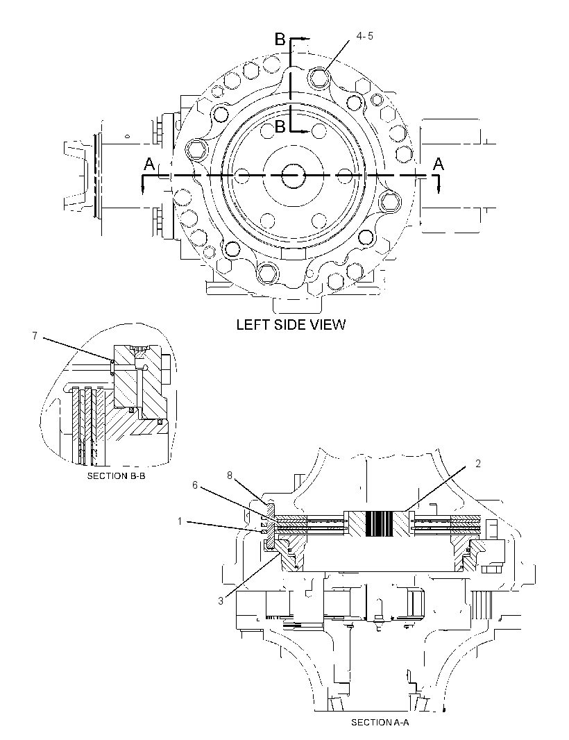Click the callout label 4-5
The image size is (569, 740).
click(364, 36)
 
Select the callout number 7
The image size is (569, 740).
click(35, 335)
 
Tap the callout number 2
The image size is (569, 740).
click(478, 464)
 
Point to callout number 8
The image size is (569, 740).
click(230, 476)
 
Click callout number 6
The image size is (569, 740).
click(194, 485)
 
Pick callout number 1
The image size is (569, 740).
click(180, 521)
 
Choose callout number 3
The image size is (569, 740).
click(221, 600)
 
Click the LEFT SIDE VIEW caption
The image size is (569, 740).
click(291, 325)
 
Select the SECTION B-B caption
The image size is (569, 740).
click(116, 476)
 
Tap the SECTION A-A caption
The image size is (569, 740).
click(380, 723)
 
